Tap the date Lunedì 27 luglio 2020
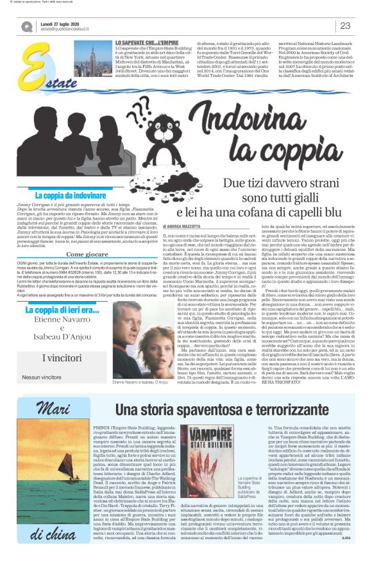(x=64, y=22)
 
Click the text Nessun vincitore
(x=42, y=377)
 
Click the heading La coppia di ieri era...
(x=61, y=311)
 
